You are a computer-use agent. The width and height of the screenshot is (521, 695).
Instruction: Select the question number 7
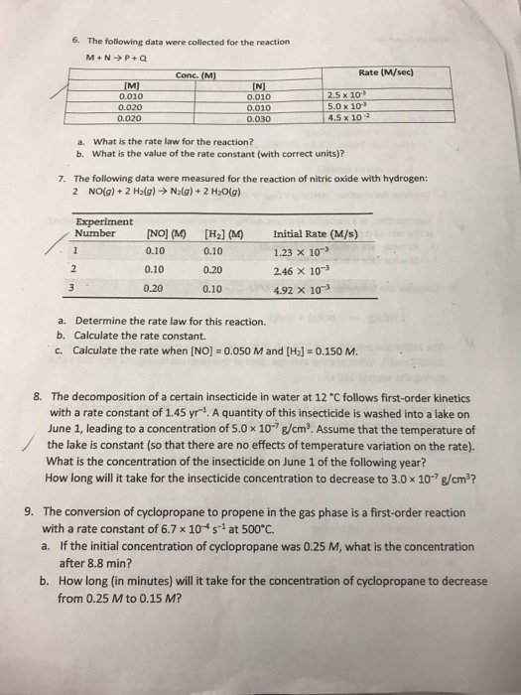point(62,177)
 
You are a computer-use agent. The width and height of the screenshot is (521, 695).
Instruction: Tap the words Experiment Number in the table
point(102,226)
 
